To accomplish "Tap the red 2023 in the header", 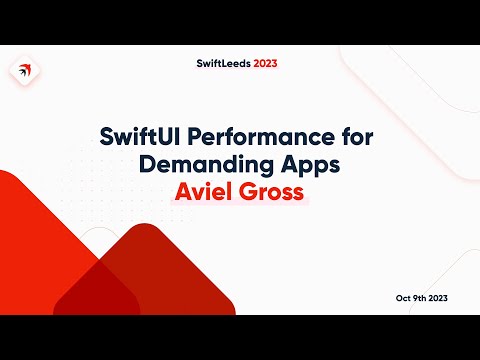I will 265,62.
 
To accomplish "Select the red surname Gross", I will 275,190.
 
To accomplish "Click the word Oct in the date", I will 404,299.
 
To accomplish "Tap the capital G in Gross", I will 250,190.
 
